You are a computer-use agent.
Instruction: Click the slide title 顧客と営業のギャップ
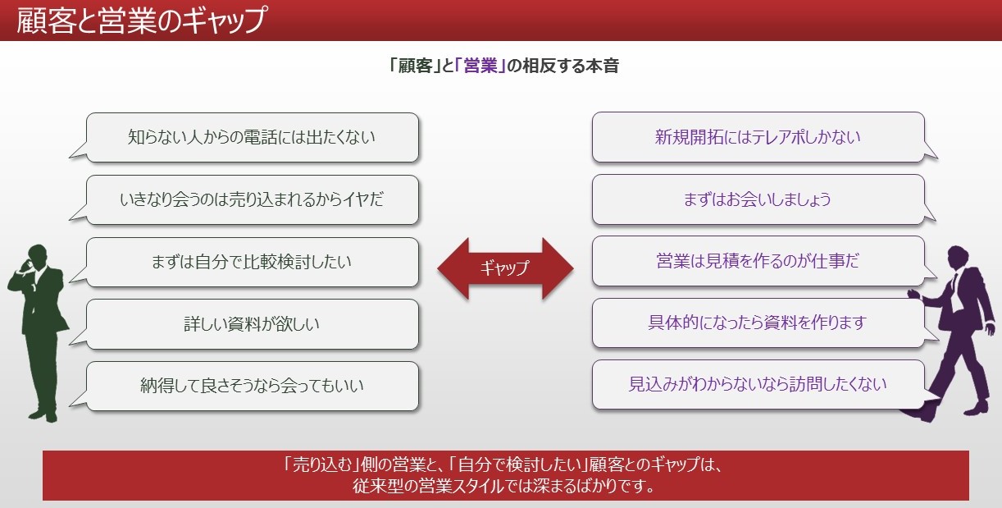[x=141, y=21]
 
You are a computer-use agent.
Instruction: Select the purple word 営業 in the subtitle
[x=481, y=66]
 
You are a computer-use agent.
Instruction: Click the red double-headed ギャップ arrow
[x=505, y=268]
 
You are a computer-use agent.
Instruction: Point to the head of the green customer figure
[x=38, y=255]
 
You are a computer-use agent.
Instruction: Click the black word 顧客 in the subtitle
[x=415, y=66]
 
